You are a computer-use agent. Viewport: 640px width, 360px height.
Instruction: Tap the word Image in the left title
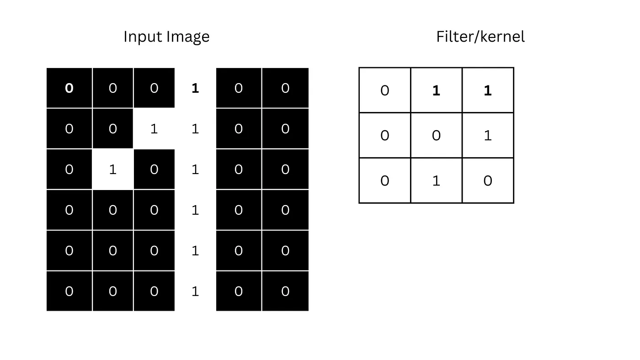point(188,37)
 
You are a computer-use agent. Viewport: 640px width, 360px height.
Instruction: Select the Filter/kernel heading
point(480,37)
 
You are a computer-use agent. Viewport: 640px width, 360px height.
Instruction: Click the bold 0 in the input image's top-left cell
point(69,88)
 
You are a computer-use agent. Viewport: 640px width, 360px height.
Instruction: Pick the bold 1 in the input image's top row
point(195,88)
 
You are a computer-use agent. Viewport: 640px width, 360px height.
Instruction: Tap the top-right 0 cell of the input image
point(285,88)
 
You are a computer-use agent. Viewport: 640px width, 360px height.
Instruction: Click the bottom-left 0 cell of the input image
point(69,291)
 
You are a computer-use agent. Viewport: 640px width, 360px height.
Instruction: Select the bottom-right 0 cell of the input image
point(285,291)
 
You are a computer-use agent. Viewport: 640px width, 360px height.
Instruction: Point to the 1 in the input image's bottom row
point(195,291)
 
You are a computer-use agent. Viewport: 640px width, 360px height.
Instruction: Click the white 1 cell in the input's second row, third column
point(154,129)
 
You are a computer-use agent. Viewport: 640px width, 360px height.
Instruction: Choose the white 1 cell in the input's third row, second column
point(113,169)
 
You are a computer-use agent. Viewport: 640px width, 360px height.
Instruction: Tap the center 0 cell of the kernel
point(436,135)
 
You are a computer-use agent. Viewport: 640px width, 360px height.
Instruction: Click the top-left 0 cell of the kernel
point(385,90)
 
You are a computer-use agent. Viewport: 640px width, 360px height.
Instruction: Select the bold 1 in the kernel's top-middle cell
point(436,90)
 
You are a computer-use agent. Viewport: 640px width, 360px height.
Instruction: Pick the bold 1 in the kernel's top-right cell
point(488,90)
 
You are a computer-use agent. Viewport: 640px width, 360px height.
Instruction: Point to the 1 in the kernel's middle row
point(488,135)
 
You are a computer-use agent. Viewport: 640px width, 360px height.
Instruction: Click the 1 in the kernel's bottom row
point(436,181)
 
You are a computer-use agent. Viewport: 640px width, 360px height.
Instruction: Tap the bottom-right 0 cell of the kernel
point(488,181)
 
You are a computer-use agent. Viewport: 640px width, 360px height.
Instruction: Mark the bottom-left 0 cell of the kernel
point(385,181)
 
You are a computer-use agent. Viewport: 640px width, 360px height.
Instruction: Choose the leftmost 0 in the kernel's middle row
point(385,135)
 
